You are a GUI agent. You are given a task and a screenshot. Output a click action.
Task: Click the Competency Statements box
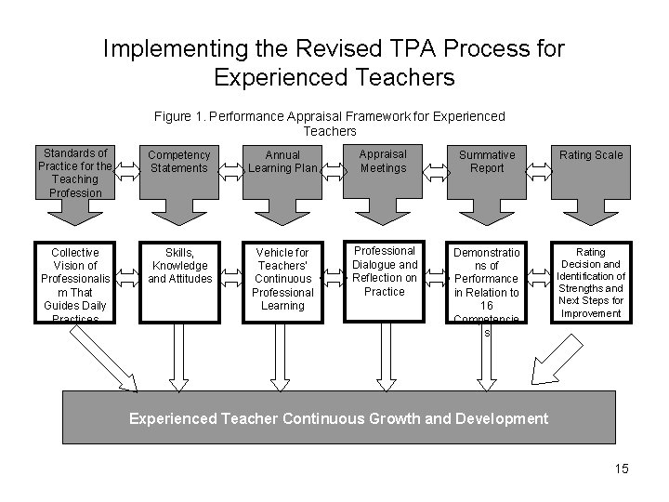tap(179, 161)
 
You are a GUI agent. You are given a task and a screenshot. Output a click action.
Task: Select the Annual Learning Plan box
tap(282, 161)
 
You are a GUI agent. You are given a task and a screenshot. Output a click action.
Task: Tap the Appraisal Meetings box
tap(383, 161)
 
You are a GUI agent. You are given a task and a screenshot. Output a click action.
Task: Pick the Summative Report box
tap(487, 161)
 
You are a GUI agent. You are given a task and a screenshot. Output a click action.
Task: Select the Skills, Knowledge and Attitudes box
tap(179, 265)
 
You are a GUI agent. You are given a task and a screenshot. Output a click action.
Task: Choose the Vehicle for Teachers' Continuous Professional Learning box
tap(282, 278)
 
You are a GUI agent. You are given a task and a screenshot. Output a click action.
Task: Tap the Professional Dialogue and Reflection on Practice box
tap(384, 271)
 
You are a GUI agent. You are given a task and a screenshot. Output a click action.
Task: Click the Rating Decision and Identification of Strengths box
tap(591, 283)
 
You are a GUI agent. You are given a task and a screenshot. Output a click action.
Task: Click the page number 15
tap(621, 469)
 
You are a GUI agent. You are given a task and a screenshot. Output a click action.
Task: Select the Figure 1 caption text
tap(330, 124)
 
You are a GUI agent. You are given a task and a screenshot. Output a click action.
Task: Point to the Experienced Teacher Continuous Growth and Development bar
tap(338, 418)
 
